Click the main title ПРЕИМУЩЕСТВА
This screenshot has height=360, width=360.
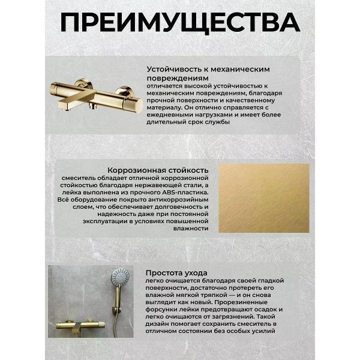(180, 23)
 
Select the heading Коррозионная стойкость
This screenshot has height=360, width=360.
(158, 170)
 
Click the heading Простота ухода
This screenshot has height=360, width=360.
(176, 273)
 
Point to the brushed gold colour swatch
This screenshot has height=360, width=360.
(264, 198)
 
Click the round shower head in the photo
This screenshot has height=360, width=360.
(120, 277)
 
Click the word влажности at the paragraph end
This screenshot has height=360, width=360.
(191, 229)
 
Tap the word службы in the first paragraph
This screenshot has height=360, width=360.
(217, 122)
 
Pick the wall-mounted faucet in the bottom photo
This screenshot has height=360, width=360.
(80, 326)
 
